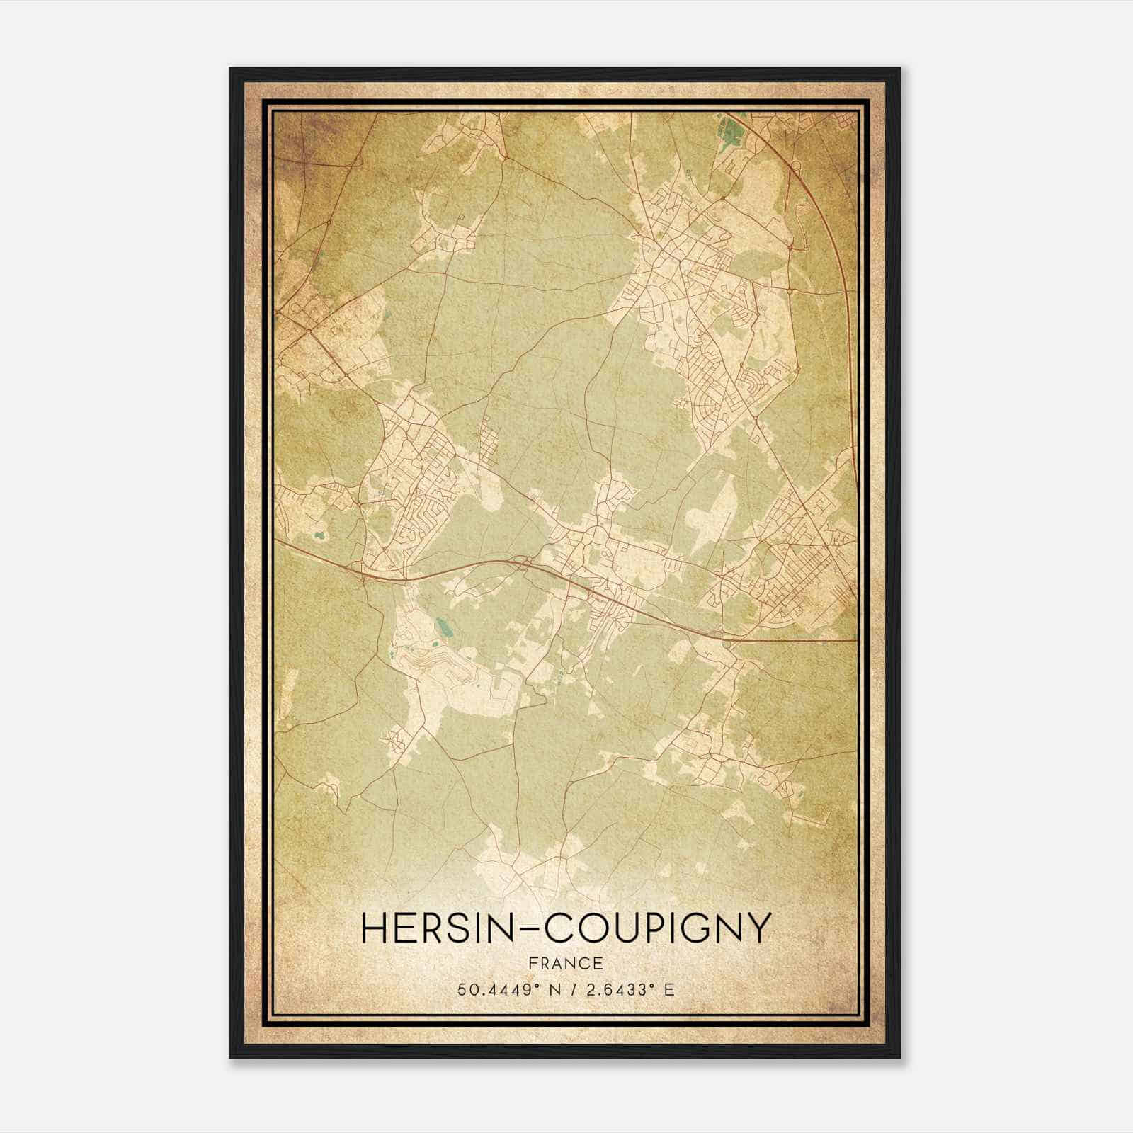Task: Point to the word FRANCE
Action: [564, 963]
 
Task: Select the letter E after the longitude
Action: [670, 990]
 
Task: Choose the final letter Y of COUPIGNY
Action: [757, 928]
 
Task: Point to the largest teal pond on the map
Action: [443, 626]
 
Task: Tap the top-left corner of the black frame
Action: [231, 69]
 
